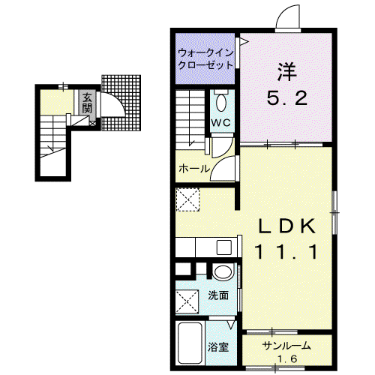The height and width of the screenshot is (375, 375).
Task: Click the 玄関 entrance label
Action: click(x=87, y=103)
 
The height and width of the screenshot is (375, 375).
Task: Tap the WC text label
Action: click(x=221, y=122)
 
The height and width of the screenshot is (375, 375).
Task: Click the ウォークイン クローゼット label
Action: click(x=205, y=59)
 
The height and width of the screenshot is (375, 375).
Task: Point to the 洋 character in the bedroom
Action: click(x=286, y=72)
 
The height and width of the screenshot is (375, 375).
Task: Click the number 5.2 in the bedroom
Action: click(x=286, y=98)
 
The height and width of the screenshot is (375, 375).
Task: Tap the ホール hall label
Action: click(x=194, y=169)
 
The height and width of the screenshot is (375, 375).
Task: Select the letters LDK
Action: click(x=286, y=226)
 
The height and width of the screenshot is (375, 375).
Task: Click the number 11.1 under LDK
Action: click(x=286, y=252)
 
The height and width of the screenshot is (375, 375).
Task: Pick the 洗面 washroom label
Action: click(x=218, y=295)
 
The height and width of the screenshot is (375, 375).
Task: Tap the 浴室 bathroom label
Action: click(x=218, y=347)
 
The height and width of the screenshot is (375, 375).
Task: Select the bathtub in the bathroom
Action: click(x=190, y=343)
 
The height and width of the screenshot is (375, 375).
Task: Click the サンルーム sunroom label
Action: click(x=286, y=346)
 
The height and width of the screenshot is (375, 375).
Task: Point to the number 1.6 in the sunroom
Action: click(x=287, y=359)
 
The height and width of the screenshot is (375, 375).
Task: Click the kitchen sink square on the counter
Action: click(x=224, y=247)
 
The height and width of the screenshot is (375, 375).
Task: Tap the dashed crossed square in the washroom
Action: click(x=187, y=301)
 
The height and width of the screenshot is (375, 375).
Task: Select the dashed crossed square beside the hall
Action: click(x=187, y=199)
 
